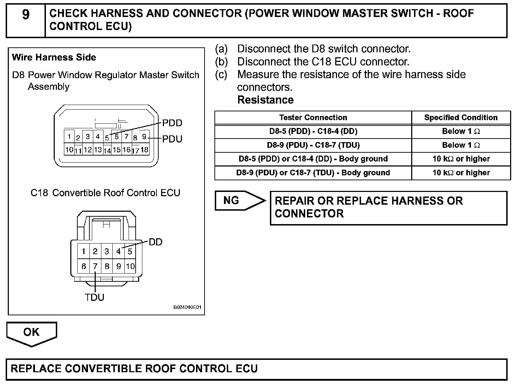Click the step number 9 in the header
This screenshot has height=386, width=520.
tap(26, 15)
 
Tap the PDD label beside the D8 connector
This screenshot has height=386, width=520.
tap(172, 123)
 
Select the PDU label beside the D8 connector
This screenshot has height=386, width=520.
tap(172, 139)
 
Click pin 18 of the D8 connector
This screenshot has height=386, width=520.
tap(144, 150)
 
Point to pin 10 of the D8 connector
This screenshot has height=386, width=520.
tap(69, 150)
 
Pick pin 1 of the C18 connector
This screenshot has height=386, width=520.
tap(84, 251)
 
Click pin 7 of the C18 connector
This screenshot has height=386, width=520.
tap(95, 266)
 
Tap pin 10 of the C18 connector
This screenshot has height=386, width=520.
tap(130, 266)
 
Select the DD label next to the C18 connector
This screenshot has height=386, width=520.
tap(155, 242)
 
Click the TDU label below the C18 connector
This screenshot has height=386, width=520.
tap(95, 297)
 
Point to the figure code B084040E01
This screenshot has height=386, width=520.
tap(187, 308)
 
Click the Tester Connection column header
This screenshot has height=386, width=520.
tap(313, 117)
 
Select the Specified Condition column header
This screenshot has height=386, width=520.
tap(461, 117)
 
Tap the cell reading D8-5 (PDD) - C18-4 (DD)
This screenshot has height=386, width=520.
tap(313, 131)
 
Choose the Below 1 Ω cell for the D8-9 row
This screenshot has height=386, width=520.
tap(461, 145)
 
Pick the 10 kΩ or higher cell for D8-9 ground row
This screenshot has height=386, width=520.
tap(461, 172)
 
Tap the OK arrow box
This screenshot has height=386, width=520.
tap(31, 333)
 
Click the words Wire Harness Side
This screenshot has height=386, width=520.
tap(54, 57)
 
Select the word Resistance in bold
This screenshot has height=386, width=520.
tap(265, 100)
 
